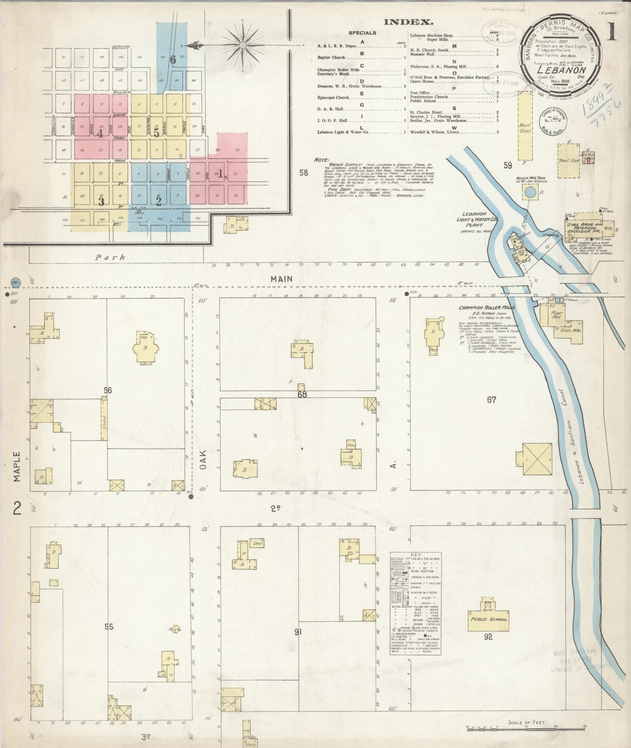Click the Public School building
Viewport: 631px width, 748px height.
pyautogui.click(x=488, y=619)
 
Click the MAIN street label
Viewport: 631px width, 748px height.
pyautogui.click(x=281, y=278)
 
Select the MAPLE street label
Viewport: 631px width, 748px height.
pyautogui.click(x=17, y=467)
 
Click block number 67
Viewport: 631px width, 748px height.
pyautogui.click(x=492, y=400)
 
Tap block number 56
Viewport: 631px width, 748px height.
pyautogui.click(x=108, y=390)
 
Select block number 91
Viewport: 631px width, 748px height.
pyautogui.click(x=298, y=631)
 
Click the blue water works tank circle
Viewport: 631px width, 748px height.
pyautogui.click(x=530, y=192)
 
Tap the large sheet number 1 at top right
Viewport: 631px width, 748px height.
pyautogui.click(x=612, y=32)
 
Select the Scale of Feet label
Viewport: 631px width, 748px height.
pyautogui.click(x=527, y=723)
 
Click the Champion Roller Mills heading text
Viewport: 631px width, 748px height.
pyautogui.click(x=486, y=308)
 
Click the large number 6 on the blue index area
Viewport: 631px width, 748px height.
pyautogui.click(x=173, y=60)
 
